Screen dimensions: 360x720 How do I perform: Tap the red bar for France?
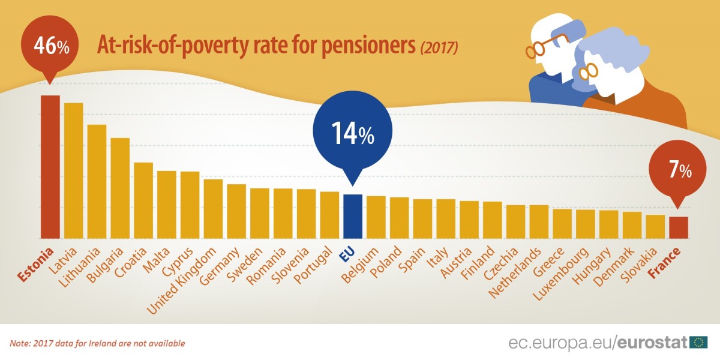(x=678, y=227)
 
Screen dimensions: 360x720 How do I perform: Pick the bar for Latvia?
(x=73, y=170)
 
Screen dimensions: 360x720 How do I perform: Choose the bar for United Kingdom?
(x=213, y=208)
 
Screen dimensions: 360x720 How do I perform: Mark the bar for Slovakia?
(x=655, y=226)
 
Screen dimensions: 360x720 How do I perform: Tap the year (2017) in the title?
(x=439, y=47)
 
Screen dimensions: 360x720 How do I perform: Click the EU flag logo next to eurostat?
(x=698, y=343)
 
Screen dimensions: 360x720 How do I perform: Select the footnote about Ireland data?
(x=97, y=344)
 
